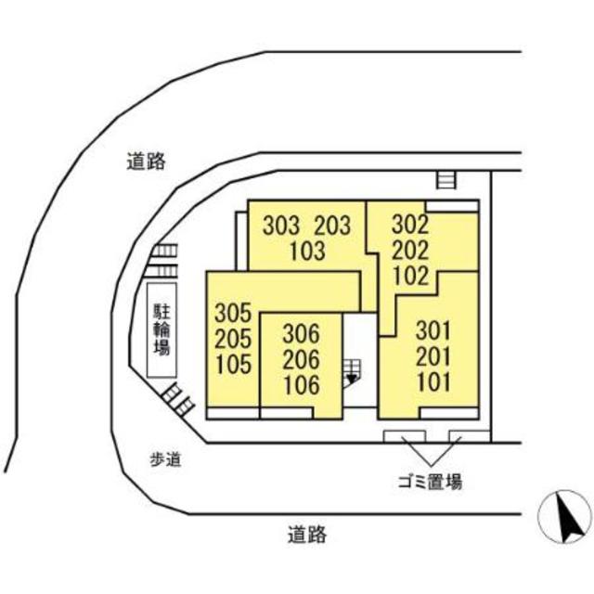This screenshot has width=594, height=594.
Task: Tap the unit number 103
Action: click(x=307, y=251)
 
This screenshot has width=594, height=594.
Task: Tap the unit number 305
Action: click(x=233, y=313)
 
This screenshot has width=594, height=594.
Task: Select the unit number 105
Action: click(x=233, y=364)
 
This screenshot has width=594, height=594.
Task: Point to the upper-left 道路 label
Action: click(x=146, y=161)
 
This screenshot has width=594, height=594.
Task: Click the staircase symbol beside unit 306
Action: click(x=352, y=371)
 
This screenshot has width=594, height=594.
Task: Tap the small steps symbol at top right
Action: click(x=447, y=180)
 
